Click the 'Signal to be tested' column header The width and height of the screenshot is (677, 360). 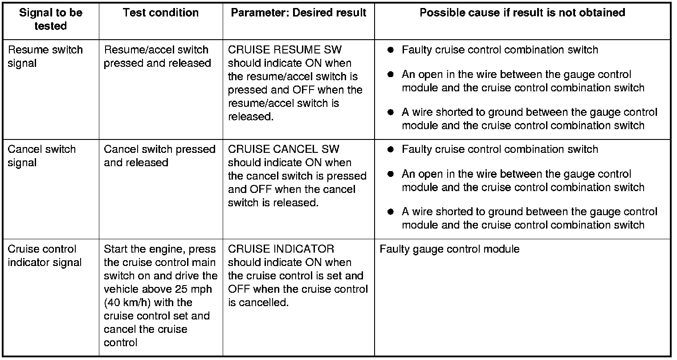(x=50, y=19)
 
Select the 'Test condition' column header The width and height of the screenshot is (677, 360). (x=160, y=12)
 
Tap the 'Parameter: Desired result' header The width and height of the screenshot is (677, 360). (x=298, y=12)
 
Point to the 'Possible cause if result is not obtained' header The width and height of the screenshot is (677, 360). (x=522, y=12)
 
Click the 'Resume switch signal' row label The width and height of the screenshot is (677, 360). (x=45, y=56)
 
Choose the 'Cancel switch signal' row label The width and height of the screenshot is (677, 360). (x=41, y=155)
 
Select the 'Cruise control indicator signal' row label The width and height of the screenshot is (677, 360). (x=44, y=255)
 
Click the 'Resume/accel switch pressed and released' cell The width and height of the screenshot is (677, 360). (x=157, y=56)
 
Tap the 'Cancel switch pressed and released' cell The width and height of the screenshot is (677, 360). (x=159, y=155)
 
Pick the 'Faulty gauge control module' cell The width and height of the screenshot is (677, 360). (x=449, y=249)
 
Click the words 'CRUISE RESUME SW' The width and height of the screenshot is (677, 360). (x=285, y=50)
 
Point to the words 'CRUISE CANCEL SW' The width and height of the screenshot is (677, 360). (x=283, y=149)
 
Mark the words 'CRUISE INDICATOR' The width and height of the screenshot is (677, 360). (x=281, y=249)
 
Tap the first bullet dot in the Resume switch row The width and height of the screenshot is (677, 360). (x=390, y=50)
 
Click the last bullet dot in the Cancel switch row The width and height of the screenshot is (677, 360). (x=390, y=212)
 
